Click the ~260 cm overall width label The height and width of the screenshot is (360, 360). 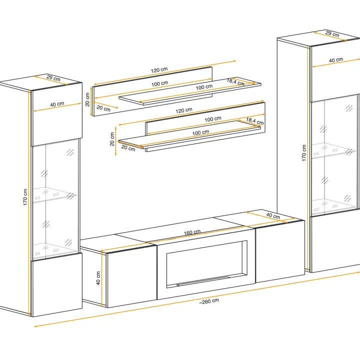209,301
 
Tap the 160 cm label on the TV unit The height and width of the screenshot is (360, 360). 192,232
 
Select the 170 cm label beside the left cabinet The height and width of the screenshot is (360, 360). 25,197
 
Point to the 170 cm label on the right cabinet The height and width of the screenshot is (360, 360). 304,153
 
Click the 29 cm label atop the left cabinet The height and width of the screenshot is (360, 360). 53,78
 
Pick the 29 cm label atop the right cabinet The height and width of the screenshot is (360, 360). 332,34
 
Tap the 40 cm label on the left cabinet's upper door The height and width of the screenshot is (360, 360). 57,104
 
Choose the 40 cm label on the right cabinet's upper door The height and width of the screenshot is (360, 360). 336,60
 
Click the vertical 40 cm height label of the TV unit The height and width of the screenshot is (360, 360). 98,278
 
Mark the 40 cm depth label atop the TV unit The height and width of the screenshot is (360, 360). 273,215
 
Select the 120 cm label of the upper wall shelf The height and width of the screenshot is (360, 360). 159,70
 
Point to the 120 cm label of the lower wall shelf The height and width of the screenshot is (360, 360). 184,110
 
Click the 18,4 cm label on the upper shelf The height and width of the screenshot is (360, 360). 235,82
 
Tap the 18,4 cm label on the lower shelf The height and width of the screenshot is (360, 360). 255,121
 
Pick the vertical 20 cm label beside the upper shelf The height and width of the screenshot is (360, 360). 87,99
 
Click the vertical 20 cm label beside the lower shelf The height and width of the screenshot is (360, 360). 112,139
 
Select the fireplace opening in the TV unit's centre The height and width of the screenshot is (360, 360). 206,264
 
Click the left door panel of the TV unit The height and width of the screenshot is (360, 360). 132,276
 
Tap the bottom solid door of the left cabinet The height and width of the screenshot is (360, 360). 56,284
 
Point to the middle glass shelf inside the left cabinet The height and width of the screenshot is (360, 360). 55,194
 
